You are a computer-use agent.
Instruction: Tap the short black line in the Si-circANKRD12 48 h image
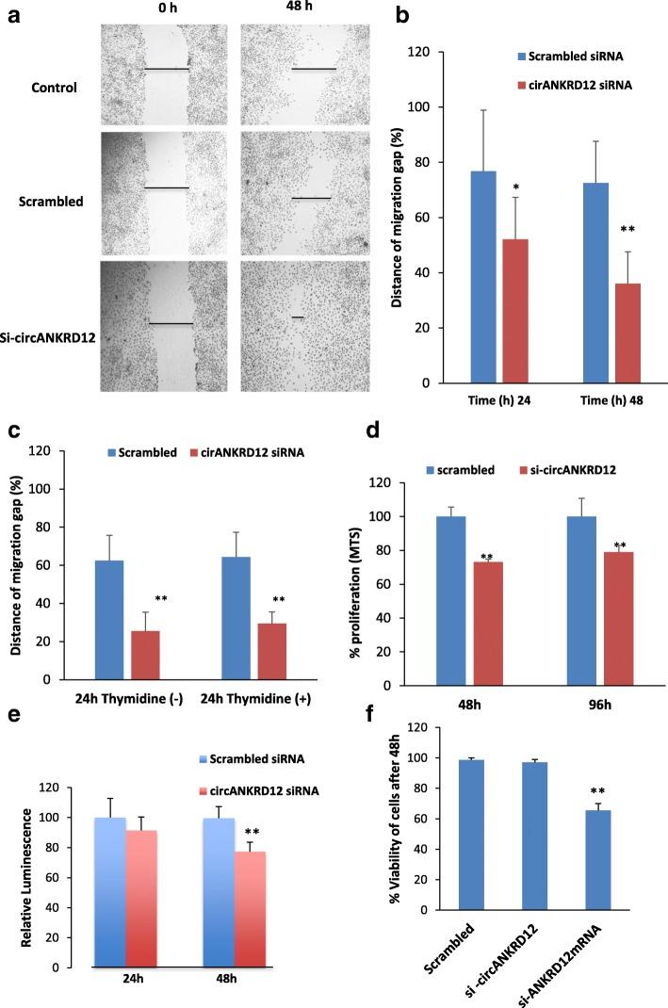pos(298,317)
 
